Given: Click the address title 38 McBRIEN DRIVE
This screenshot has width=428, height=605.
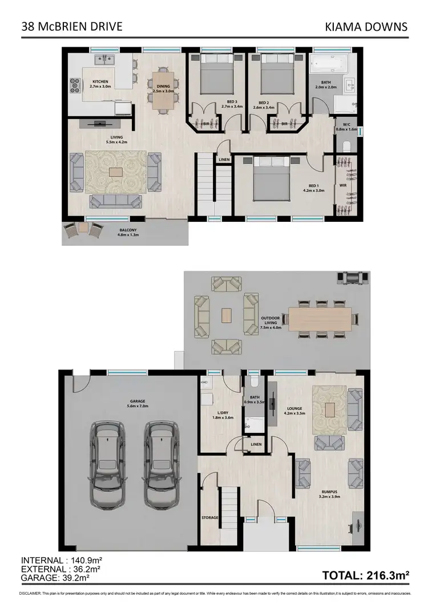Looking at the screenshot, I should [71, 26].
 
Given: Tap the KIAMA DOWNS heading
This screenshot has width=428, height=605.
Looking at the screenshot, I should [366, 26].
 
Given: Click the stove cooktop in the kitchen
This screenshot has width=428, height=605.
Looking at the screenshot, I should [75, 85].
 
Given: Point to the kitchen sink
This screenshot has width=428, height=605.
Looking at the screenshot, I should [105, 58].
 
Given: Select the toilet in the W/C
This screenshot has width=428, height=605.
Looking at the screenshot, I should [346, 145].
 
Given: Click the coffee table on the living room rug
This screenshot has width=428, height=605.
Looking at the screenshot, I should [115, 172].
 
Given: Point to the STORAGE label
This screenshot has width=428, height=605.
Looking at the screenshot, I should [209, 517].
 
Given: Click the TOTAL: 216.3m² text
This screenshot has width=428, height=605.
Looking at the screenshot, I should [366, 576].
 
